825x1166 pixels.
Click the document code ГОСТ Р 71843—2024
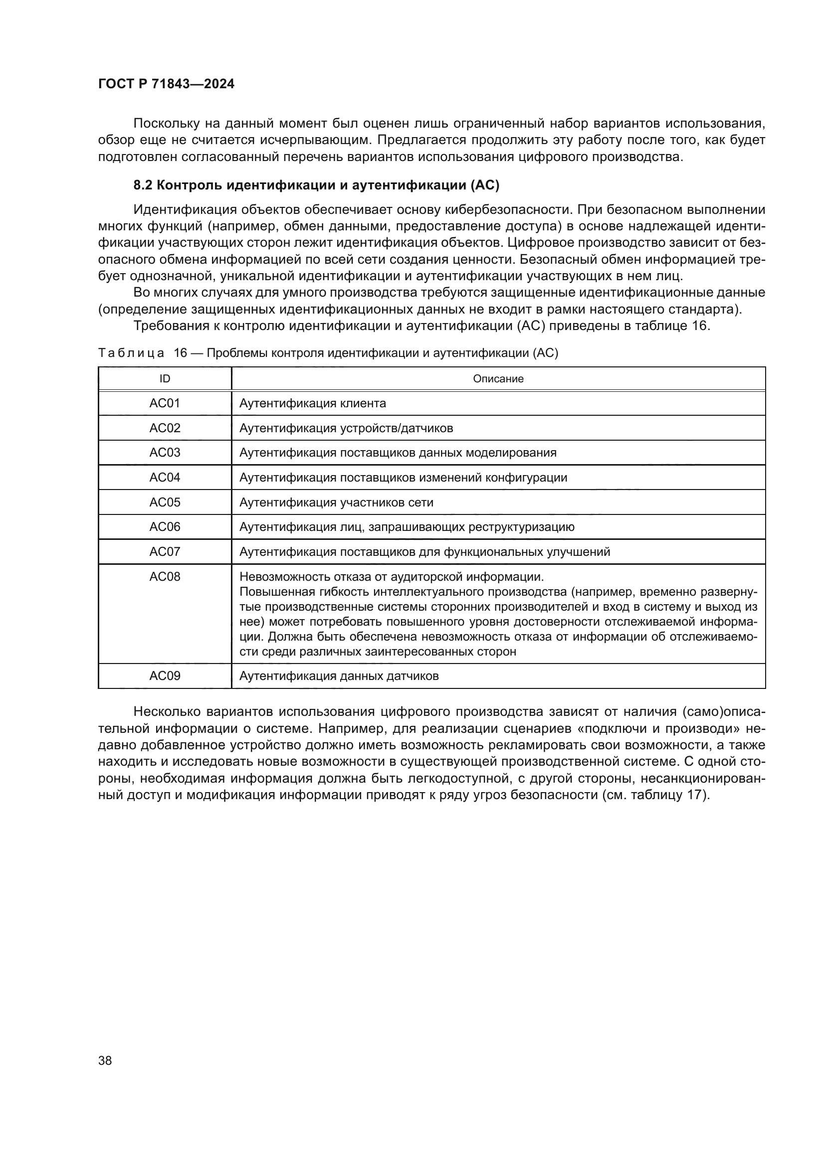coord(166,84)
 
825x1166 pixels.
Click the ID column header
coord(165,379)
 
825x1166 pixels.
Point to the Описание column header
coord(498,379)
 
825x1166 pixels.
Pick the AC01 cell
coord(165,404)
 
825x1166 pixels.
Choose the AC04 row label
coord(165,478)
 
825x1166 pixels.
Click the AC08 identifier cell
coord(165,577)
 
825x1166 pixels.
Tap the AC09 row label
coord(165,676)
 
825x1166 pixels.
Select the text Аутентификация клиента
coord(312,404)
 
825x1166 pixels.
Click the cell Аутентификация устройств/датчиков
coord(346,429)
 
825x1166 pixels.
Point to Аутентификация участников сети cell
coord(336,503)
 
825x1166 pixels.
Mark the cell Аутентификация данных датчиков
coord(339,676)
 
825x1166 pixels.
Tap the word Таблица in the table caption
coord(131,353)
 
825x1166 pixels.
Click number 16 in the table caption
coord(181,353)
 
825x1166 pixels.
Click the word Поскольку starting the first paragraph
coord(165,124)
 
